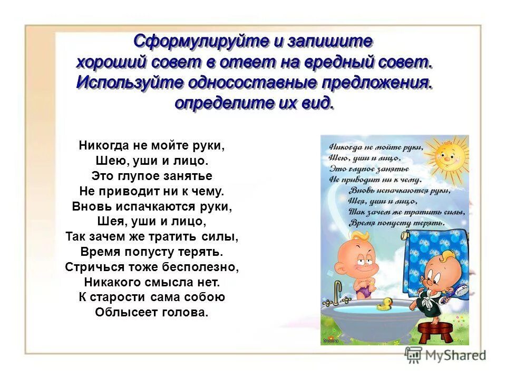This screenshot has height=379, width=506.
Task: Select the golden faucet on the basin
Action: coord(337,291)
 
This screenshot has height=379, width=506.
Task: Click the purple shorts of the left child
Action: coord(362,287)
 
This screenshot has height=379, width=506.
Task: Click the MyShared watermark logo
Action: coord(445,354)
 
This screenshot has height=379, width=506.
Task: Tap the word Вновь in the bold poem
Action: coord(88,206)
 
